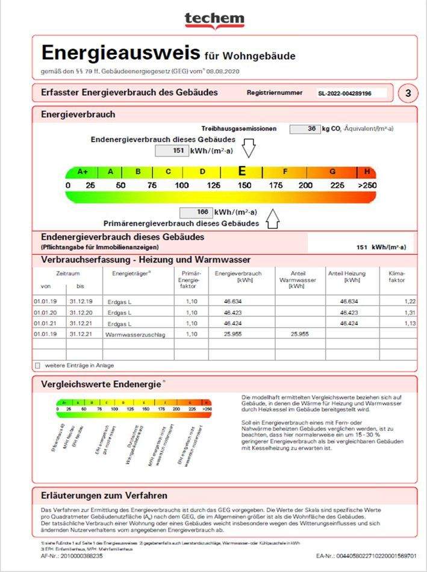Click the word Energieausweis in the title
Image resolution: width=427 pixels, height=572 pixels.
click(x=120, y=54)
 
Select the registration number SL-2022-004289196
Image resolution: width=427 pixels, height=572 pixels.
click(x=344, y=94)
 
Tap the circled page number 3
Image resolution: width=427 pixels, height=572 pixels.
click(x=408, y=93)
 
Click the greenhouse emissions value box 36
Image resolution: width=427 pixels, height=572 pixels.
click(x=305, y=129)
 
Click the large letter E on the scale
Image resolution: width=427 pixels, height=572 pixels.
click(x=242, y=171)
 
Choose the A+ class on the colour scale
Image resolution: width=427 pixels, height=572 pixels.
click(x=83, y=172)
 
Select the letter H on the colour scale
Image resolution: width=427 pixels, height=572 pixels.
click(x=367, y=172)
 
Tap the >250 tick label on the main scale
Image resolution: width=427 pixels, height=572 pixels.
click(x=366, y=185)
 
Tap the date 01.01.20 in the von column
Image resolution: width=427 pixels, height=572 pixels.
click(x=45, y=312)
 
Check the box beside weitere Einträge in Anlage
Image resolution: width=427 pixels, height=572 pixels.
click(x=38, y=365)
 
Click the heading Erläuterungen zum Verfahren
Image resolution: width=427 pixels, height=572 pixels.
click(x=104, y=496)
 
